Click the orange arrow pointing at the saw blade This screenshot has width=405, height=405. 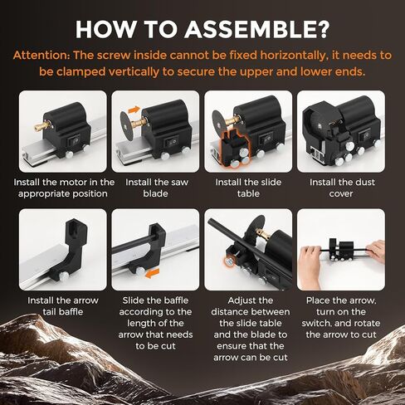pyautogui.click(x=134, y=110)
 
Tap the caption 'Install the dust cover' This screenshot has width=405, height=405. pyautogui.click(x=342, y=188)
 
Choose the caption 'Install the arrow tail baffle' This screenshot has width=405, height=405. pyautogui.click(x=63, y=306)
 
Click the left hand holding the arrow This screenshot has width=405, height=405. pyautogui.click(x=310, y=261)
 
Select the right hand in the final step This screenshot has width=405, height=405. pyautogui.click(x=375, y=251)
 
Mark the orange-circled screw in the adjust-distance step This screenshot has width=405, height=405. pyautogui.click(x=228, y=261)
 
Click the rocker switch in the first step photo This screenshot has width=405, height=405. pyautogui.click(x=74, y=141)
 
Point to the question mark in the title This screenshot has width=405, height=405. pyautogui.click(x=322, y=29)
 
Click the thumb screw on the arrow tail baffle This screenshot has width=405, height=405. pyautogui.click(x=65, y=276)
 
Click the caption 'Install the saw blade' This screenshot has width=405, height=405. pyautogui.click(x=156, y=188)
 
